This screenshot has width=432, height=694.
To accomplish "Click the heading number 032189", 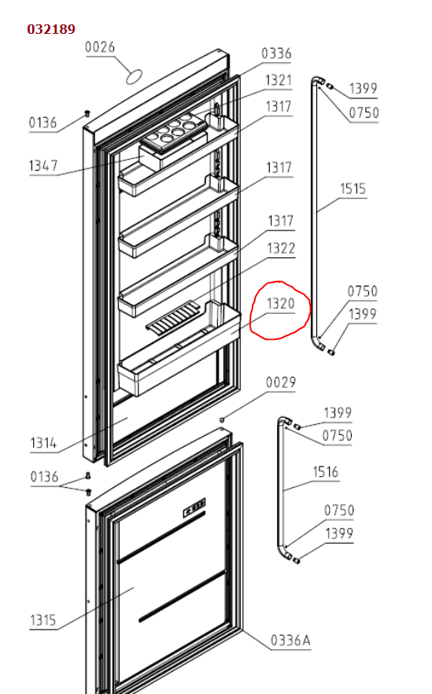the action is [51, 29].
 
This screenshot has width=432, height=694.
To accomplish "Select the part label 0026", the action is [100, 47].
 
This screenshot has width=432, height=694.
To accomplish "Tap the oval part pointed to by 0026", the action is [135, 76].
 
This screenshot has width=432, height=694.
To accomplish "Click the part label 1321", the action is [279, 80].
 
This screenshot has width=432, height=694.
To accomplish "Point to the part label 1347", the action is [43, 165].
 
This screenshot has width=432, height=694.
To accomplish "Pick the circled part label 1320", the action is [281, 304].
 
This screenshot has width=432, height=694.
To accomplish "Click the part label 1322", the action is [281, 248].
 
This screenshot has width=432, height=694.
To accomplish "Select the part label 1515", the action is [353, 189].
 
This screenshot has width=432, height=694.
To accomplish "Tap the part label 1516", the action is [325, 472].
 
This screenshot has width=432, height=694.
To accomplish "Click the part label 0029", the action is [281, 382].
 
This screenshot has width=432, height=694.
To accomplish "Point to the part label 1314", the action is [43, 442].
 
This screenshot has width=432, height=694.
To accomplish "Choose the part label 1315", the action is [43, 620].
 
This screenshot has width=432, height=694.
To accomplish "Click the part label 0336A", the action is [290, 640].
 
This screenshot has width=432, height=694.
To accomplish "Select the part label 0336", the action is [276, 54].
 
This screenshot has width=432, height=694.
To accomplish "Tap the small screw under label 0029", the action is [222, 419].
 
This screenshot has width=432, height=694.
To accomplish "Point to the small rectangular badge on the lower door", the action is [195, 508].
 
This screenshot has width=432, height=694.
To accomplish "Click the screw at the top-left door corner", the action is [87, 114].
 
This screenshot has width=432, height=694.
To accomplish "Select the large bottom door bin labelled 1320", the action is [179, 349].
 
